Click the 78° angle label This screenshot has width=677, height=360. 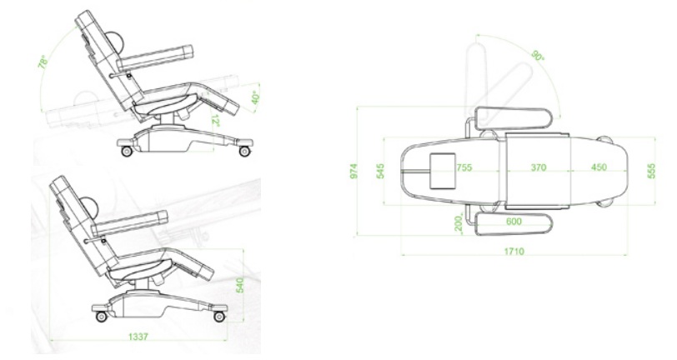pyautogui.click(x=43, y=63)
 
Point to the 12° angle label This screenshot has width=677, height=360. pyautogui.click(x=214, y=121)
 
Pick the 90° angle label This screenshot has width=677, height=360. pyautogui.click(x=537, y=55)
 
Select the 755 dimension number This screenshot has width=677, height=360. pyautogui.click(x=464, y=167)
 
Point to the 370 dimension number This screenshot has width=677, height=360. pyautogui.click(x=538, y=167)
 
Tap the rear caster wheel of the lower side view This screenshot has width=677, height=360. pyautogui.click(x=102, y=317)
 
